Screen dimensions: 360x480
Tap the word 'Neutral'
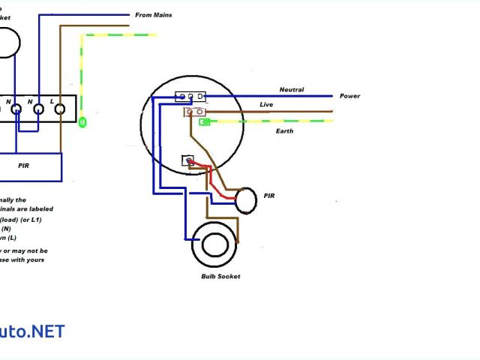coord(292,90)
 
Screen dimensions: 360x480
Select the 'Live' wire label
coord(266,105)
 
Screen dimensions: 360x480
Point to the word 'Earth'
coord(284,131)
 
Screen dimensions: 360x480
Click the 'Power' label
coord(349,96)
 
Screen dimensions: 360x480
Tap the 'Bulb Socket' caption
coord(220,277)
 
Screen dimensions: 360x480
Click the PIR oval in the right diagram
coord(245,200)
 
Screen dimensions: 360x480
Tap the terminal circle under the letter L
coord(60,109)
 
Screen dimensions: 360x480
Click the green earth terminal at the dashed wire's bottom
coord(82,121)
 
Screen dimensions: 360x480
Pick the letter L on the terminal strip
coord(51,100)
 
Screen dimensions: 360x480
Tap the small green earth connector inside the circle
coord(204,121)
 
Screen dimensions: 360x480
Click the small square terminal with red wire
coord(188,160)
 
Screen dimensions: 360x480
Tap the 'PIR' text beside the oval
coord(269,196)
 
